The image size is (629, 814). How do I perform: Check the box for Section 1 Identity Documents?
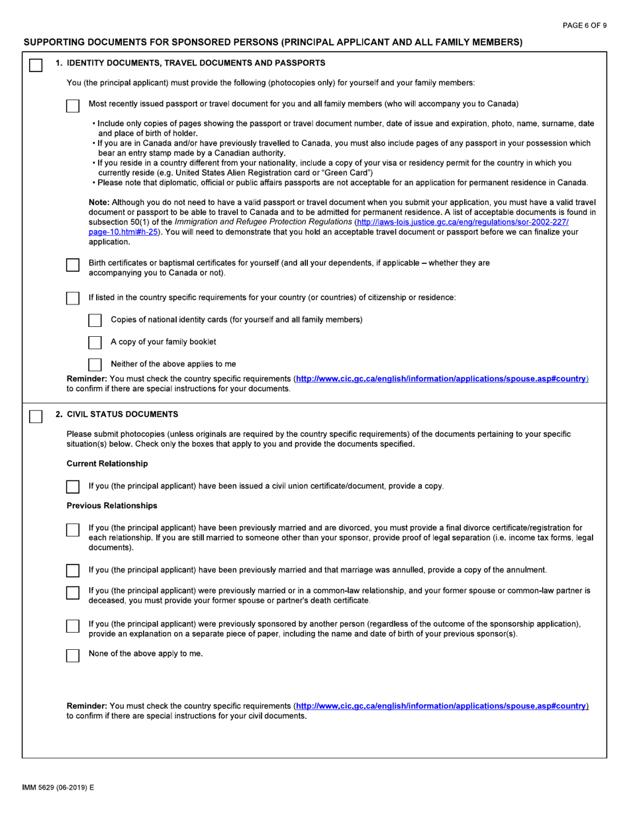click(x=35, y=65)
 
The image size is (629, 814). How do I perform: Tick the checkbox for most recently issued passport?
click(x=73, y=105)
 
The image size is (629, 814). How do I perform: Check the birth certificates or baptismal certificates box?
click(x=73, y=265)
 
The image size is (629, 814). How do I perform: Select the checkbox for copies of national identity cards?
click(x=95, y=320)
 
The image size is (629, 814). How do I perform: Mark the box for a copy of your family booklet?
click(x=95, y=342)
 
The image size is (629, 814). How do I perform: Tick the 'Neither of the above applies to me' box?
click(x=95, y=364)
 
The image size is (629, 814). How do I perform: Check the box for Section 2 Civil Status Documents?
click(x=35, y=416)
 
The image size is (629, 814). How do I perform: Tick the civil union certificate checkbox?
click(x=73, y=487)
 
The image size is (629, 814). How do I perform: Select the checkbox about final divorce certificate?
click(x=73, y=530)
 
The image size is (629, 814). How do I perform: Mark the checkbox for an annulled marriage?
click(x=73, y=570)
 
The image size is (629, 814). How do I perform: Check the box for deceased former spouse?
click(x=73, y=592)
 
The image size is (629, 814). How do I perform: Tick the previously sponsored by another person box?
click(x=73, y=625)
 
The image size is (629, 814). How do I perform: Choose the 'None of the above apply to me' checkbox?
click(x=73, y=655)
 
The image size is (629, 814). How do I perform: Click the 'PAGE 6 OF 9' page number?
click(x=584, y=25)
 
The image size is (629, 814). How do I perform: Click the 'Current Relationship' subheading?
click(x=107, y=463)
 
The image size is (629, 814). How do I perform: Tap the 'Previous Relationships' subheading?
click(x=112, y=506)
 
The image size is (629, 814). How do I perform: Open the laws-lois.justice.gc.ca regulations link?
click(x=461, y=222)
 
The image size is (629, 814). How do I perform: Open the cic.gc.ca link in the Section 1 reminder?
click(x=442, y=379)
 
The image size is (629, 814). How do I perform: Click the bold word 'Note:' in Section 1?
click(x=99, y=202)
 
